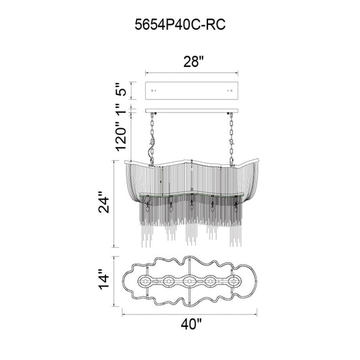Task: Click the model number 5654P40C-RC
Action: pos(180,24)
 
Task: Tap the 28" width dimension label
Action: pos(194,61)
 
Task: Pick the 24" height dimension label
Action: pos(104,202)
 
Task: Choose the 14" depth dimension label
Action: pos(104,281)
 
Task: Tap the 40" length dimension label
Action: pos(191,324)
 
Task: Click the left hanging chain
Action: pos(152,139)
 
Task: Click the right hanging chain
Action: pos(231,139)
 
